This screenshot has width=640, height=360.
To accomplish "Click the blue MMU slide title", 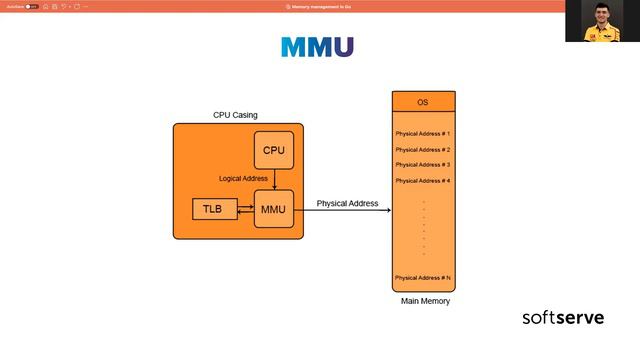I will click(x=317, y=47).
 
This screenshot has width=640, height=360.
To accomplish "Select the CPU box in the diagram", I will click(x=274, y=150).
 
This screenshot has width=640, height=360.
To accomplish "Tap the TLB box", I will click(x=212, y=209).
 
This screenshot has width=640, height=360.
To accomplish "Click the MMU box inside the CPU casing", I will click(x=274, y=209).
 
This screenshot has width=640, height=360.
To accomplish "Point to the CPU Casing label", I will click(x=235, y=115).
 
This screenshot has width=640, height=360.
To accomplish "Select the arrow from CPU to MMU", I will click(x=274, y=179).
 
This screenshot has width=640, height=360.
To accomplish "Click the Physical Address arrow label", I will click(x=347, y=204).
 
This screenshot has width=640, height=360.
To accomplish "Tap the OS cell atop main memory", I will click(x=423, y=103).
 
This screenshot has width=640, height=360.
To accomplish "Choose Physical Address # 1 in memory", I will click(x=423, y=134).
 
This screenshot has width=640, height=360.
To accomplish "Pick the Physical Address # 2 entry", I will click(x=423, y=149).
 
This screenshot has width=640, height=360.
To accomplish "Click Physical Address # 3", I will click(x=423, y=164).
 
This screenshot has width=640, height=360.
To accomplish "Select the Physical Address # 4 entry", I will click(x=423, y=180).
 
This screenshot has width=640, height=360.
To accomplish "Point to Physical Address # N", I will click(x=423, y=277).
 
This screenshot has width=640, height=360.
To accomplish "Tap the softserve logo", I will click(x=563, y=318).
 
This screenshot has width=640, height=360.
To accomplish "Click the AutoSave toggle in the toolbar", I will click(x=32, y=6).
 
